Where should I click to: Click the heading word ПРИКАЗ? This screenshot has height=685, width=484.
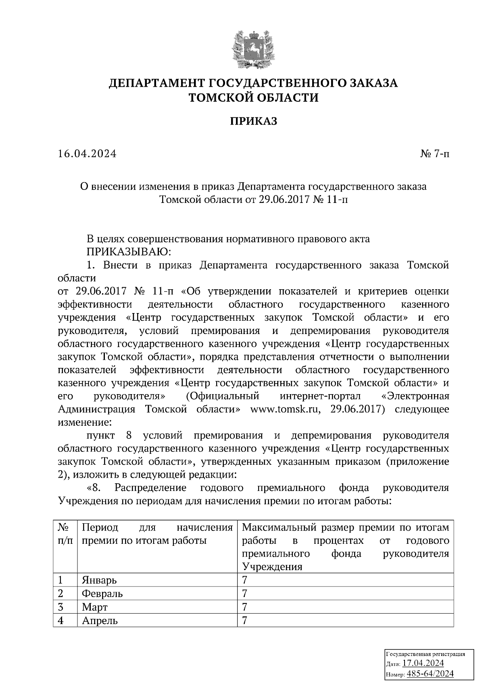[254, 121]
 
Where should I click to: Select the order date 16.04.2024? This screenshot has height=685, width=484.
[87, 154]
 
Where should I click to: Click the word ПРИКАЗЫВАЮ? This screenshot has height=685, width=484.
[129, 252]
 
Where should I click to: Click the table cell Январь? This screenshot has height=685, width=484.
[99, 580]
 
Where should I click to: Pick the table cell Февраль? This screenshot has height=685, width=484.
[102, 593]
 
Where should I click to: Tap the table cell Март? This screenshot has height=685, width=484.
[95, 607]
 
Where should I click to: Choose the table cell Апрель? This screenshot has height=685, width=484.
[100, 620]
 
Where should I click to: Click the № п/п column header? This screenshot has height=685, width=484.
[65, 534]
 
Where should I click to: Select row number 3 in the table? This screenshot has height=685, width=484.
[60, 607]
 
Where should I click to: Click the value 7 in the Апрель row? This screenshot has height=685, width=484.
[244, 620]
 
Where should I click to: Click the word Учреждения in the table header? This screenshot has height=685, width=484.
[272, 567]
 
